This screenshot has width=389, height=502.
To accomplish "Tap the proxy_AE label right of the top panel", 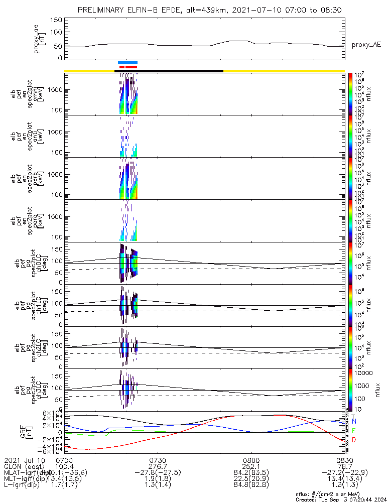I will [366, 45].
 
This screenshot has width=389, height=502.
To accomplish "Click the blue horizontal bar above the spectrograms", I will [127, 62].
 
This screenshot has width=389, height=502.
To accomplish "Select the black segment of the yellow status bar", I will [169, 71].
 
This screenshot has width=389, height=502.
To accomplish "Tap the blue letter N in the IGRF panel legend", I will [354, 421].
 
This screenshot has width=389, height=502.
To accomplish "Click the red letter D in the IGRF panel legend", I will [354, 440].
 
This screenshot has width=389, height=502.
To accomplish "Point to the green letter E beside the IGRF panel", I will [354, 431].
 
